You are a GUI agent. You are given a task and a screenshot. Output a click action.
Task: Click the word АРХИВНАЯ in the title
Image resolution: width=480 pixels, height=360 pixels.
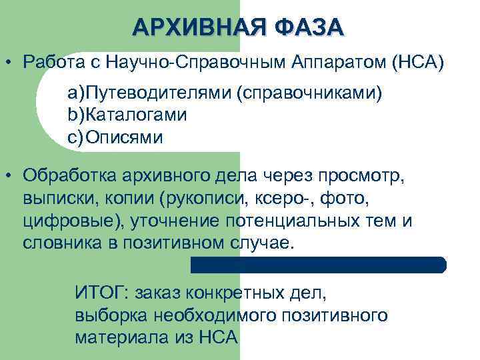click(189, 27)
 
